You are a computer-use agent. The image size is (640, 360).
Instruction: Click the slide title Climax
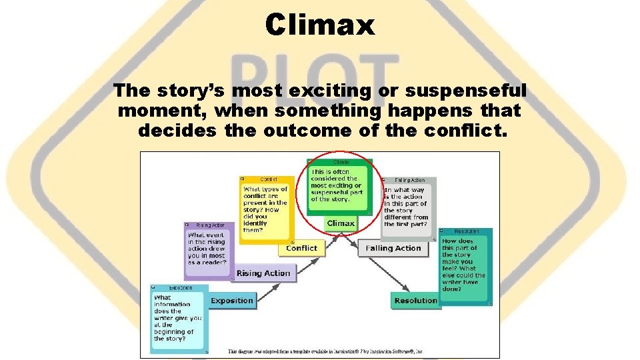[x=320, y=25]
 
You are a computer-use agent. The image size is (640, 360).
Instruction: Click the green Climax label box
[x=341, y=223]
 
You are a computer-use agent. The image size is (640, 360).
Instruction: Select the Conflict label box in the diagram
[x=301, y=248]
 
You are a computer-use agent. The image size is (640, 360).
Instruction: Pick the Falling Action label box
[x=393, y=248]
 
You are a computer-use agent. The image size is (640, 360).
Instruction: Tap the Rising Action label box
[x=263, y=273]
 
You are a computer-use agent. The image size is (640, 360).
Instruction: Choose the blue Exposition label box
[x=231, y=301]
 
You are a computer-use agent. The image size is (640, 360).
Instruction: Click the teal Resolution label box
[x=415, y=301]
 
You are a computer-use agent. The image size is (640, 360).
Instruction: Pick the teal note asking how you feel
[x=465, y=267]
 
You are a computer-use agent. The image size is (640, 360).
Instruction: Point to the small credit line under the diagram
[x=326, y=351]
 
